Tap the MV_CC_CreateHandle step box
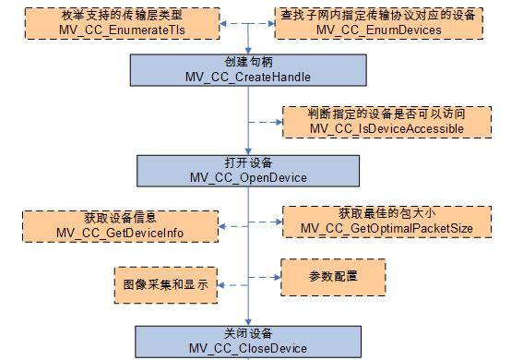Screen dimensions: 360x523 (248, 69)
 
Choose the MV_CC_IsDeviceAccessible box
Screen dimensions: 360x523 (386, 121)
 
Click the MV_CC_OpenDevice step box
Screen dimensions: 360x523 (248, 171)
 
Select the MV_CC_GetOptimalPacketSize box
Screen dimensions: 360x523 (386, 223)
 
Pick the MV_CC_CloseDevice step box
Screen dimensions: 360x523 (248, 341)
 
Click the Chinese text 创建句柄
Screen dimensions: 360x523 (248, 62)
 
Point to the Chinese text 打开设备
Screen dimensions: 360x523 (248, 163)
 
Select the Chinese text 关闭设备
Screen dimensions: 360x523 (248, 333)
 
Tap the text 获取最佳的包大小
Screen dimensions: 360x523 (386, 216)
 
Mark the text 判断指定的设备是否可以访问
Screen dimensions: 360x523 (386, 114)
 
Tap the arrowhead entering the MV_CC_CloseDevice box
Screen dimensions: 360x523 (248, 321)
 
